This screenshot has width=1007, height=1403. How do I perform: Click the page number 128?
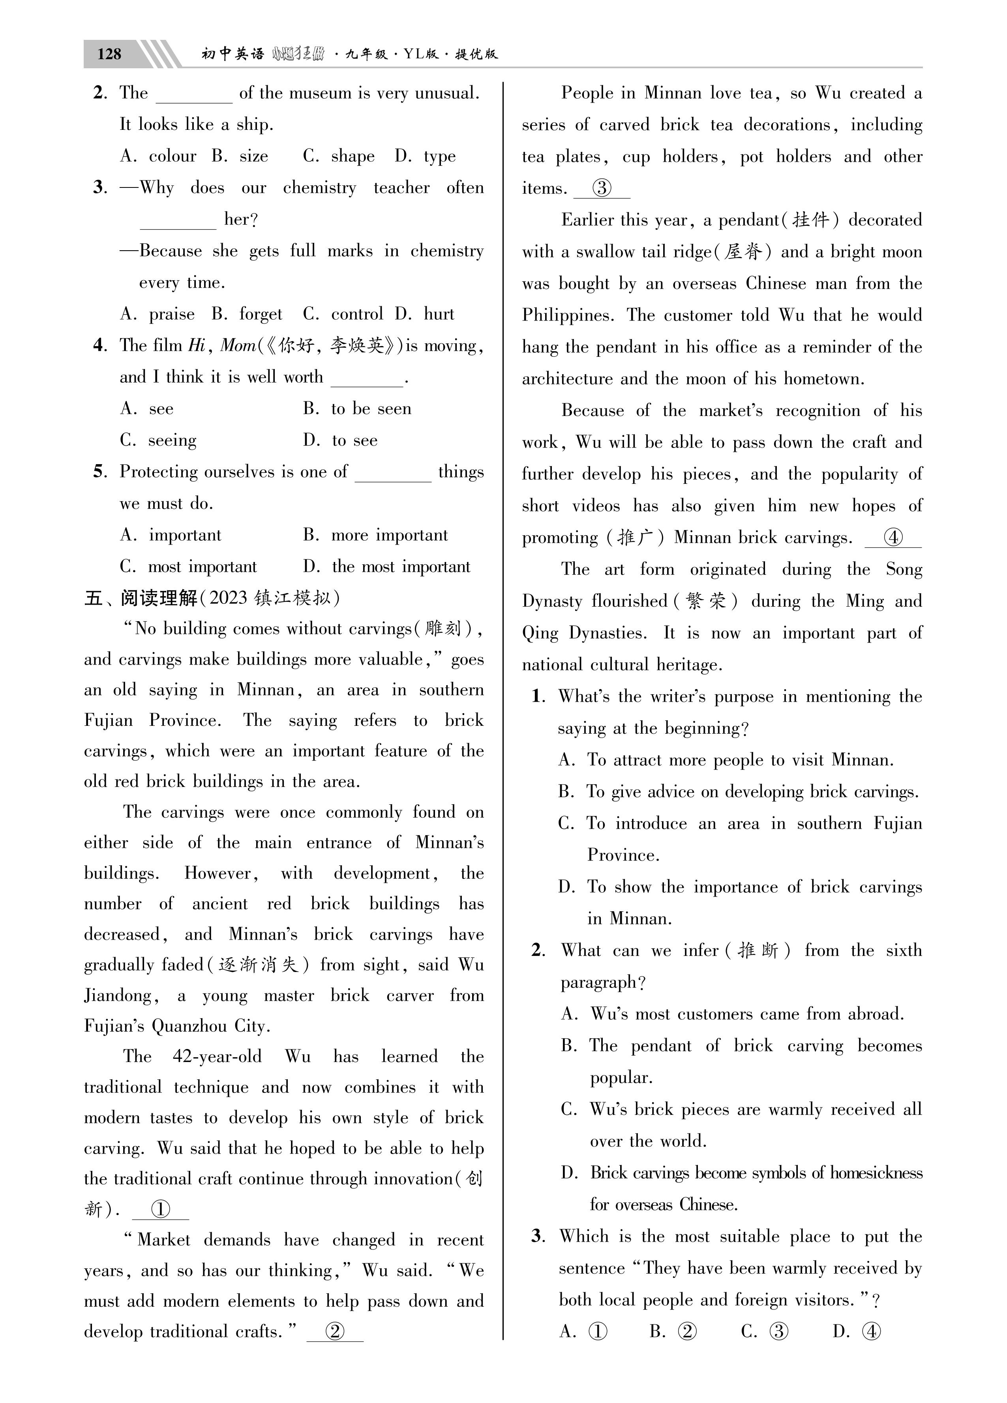pos(109,54)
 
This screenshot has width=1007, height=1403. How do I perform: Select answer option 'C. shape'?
pos(339,157)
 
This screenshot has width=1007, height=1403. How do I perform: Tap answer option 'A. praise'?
pos(157,314)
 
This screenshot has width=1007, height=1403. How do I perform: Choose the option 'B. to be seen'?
pos(357,409)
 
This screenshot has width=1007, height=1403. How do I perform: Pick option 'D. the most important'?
pos(387,567)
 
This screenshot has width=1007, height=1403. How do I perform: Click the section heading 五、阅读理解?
pos(141,598)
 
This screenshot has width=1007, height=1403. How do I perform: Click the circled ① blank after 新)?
pos(160,1209)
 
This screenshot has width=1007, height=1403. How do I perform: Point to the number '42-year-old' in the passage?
pos(217,1056)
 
